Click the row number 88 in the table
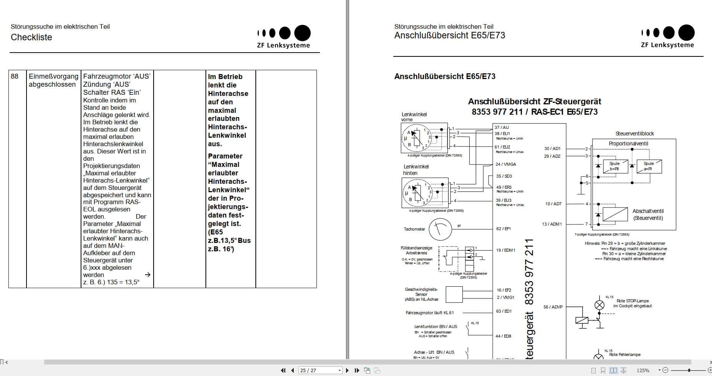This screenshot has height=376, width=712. point(15,76)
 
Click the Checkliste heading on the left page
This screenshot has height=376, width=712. point(31,37)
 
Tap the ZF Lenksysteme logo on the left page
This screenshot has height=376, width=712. point(284,37)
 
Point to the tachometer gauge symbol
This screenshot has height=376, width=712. point(440,229)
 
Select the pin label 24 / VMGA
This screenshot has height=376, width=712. point(506,164)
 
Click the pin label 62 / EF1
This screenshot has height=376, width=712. point(503,229)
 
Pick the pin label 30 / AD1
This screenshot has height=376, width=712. point(552,148)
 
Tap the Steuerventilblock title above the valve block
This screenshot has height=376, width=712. point(634,134)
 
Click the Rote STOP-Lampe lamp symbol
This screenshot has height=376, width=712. point(599,305)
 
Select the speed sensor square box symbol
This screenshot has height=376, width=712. point(454,294)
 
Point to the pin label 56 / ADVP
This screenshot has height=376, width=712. point(553,307)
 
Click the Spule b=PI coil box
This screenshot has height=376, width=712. point(614,166)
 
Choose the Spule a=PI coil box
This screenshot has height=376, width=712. point(649,166)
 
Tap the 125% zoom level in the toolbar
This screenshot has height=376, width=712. point(643,370)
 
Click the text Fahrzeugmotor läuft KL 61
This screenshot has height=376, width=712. point(429,313)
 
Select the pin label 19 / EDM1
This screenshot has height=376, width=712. point(505,250)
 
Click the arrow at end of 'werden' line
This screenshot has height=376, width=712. point(147,275)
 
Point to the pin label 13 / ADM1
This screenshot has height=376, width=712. point(552,224)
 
